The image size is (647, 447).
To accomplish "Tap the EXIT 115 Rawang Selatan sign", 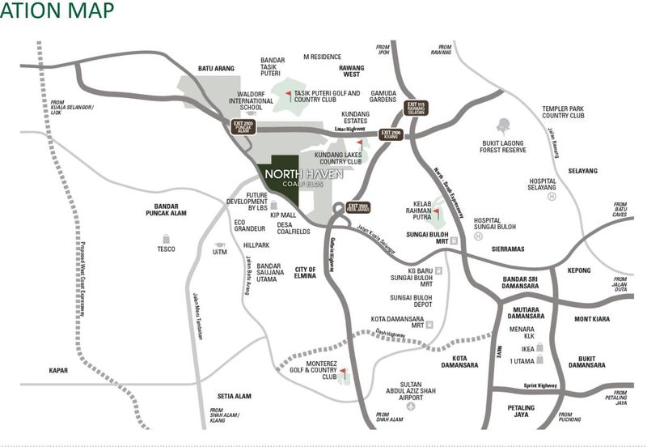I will click(x=416, y=107).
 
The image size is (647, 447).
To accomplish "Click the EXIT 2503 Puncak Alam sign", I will click(x=243, y=126).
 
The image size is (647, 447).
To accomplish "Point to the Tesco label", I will click(x=167, y=249).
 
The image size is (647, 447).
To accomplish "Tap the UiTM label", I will click(x=220, y=252).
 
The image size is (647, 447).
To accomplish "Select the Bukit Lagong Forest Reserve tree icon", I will click(x=504, y=126).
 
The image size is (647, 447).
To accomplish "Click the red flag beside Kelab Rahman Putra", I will click(x=435, y=213).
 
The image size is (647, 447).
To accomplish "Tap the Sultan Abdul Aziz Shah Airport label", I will click(x=412, y=393).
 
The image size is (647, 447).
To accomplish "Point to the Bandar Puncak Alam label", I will click(x=167, y=210).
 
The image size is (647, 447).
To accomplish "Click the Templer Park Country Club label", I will click(x=564, y=112).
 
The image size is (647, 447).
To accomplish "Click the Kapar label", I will click(x=57, y=370).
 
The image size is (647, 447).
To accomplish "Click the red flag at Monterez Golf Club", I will click(x=343, y=372).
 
